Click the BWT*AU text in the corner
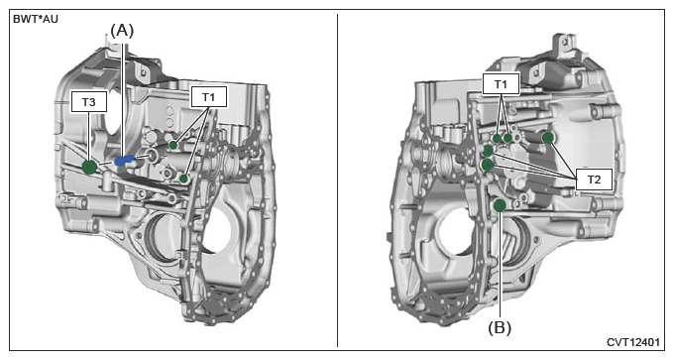pyautogui.click(x=36, y=20)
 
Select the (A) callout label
pyautogui.click(x=122, y=31)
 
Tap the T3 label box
pyautogui.click(x=88, y=102)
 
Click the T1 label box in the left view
pyautogui.click(x=209, y=97)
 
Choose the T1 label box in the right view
pyautogui.click(x=501, y=84)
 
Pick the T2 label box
pyautogui.click(x=594, y=180)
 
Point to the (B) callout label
pyautogui.click(x=500, y=328)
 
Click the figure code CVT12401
pyautogui.click(x=633, y=342)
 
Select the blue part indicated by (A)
pyautogui.click(x=124, y=161)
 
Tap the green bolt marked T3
pyautogui.click(x=89, y=167)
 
